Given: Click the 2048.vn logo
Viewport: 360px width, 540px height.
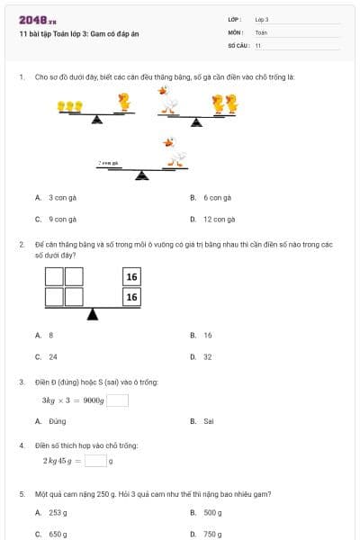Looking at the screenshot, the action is click(x=38, y=20).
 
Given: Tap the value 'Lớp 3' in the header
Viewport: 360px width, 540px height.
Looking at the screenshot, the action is click(x=262, y=19).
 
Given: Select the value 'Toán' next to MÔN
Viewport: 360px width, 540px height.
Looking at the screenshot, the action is click(x=261, y=31).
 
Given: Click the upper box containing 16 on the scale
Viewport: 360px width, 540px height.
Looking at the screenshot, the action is click(x=131, y=277).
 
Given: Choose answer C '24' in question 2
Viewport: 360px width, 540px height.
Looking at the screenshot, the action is click(x=53, y=356).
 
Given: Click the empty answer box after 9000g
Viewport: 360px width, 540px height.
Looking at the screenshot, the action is click(x=118, y=401).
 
